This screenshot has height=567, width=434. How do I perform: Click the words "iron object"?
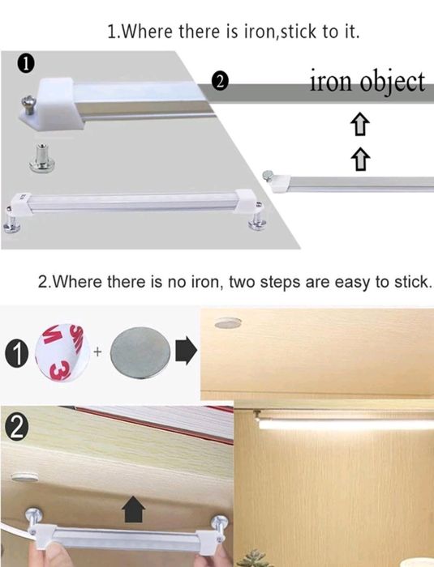tap(367, 83)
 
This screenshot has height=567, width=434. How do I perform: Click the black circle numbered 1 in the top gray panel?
tap(25, 64)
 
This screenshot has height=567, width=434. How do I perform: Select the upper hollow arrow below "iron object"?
tap(360, 125)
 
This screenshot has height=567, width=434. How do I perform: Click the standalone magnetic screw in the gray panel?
tap(41, 157)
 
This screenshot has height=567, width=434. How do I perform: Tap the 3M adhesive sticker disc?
tap(62, 352)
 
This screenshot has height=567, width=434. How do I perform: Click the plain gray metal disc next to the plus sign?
tap(140, 352)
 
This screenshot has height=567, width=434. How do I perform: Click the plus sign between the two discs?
tap(97, 351)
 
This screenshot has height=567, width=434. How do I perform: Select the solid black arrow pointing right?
tap(187, 351)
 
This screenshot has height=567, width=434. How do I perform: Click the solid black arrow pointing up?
tap(133, 509)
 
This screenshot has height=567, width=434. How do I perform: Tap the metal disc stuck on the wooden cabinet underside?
tap(227, 322)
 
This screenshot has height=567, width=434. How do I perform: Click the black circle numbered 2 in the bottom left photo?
tap(14, 428)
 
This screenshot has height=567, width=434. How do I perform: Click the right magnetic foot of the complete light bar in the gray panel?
tap(256, 221)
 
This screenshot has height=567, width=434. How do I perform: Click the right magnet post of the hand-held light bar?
tap(220, 526)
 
